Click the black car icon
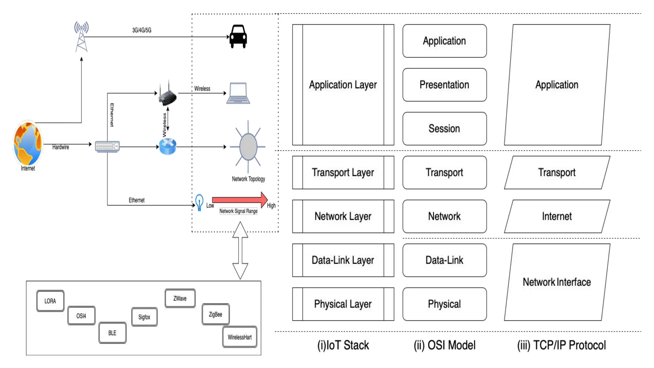click(238, 36)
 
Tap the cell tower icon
click(81, 36)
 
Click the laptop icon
click(238, 93)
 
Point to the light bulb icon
click(199, 202)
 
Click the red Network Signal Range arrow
click(240, 200)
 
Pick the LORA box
click(50, 301)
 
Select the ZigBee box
click(216, 314)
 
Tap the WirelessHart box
click(240, 337)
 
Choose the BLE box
click(112, 333)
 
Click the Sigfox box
click(144, 317)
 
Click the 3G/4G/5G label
click(142, 30)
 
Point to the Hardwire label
click(61, 147)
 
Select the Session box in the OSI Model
click(445, 128)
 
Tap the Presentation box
click(445, 85)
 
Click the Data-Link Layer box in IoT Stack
click(343, 260)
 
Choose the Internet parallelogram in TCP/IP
click(557, 216)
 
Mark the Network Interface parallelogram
click(557, 282)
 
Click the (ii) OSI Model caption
click(445, 345)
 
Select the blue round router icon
click(168, 147)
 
